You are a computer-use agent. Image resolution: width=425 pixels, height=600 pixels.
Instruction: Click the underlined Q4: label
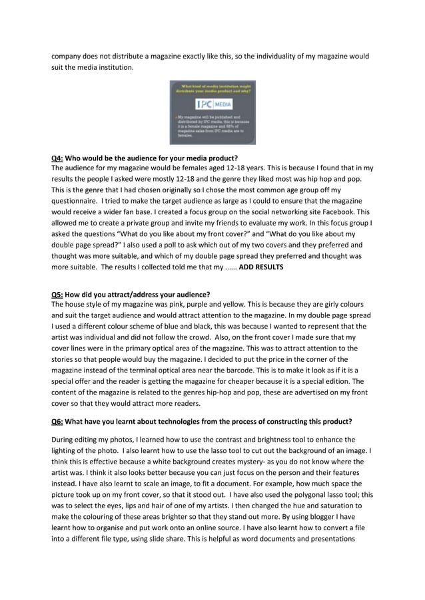(x=57, y=158)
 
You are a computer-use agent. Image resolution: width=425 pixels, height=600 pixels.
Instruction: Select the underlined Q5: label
(x=57, y=295)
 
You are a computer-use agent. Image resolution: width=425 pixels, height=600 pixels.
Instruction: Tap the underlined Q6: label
(x=57, y=421)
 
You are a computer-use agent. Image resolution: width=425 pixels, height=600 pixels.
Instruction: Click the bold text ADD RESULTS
(x=260, y=267)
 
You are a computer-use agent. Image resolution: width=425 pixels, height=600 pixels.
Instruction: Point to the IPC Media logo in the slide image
(x=212, y=104)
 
